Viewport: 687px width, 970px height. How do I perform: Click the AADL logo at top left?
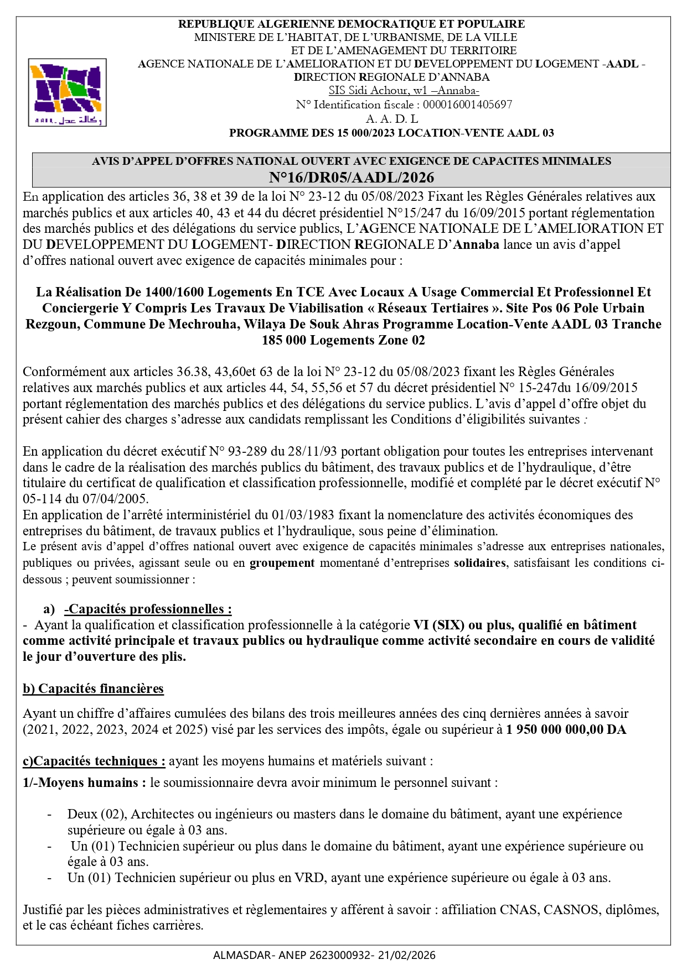tap(67, 92)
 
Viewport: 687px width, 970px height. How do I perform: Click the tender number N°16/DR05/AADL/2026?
tap(351, 178)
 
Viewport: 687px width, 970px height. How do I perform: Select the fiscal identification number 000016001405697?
tap(467, 105)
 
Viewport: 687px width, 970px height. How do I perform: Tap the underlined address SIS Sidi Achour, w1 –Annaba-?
tap(404, 91)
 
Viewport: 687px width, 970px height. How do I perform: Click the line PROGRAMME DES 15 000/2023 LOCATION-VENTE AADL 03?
tap(391, 133)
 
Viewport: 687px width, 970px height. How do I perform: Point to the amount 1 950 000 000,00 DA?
tap(566, 729)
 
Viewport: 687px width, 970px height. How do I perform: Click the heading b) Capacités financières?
tap(93, 689)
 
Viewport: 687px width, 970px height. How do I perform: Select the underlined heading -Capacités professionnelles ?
tap(148, 609)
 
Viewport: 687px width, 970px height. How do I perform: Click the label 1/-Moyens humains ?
tap(85, 783)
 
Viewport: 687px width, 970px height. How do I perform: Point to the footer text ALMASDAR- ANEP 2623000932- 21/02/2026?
tap(324, 955)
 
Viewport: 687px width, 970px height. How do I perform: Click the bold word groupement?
tap(282, 563)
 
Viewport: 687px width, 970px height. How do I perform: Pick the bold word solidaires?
tap(479, 563)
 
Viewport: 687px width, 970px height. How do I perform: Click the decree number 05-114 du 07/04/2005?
tap(85, 499)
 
